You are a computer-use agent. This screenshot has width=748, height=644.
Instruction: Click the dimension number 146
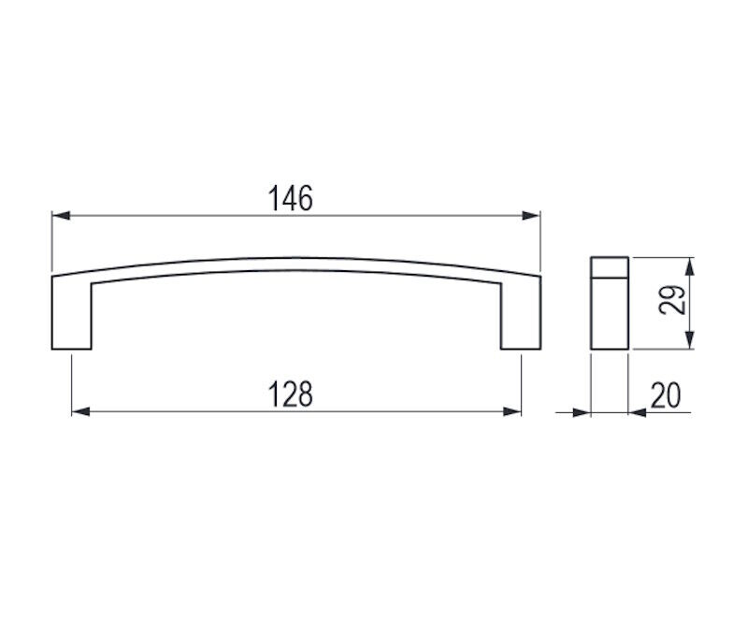(x=291, y=198)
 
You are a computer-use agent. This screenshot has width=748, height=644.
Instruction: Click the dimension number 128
(x=291, y=394)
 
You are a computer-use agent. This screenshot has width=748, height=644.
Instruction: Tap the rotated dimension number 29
(x=672, y=300)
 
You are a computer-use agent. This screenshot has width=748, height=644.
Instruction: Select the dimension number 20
(x=666, y=395)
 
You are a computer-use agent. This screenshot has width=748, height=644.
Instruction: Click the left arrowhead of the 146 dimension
(x=61, y=216)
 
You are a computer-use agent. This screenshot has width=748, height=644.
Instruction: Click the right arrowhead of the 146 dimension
(x=531, y=216)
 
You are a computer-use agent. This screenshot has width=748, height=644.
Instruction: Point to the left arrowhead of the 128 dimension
(x=80, y=411)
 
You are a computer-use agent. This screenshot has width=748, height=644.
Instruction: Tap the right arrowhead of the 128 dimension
(x=511, y=411)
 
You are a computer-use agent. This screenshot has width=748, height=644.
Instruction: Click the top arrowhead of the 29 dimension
(x=689, y=266)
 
